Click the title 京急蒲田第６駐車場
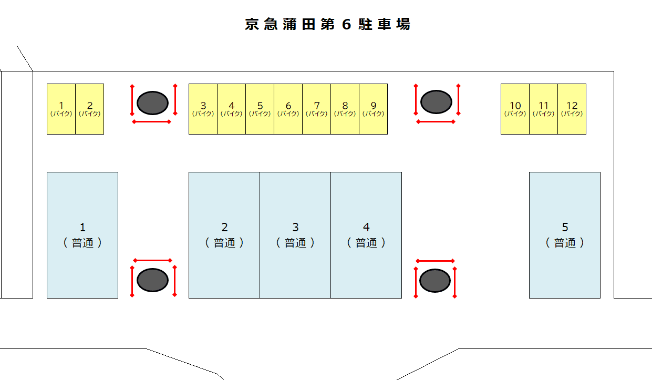(x=327, y=25)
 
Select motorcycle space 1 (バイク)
(x=61, y=109)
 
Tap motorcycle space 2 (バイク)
(x=89, y=109)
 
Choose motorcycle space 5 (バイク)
(x=260, y=109)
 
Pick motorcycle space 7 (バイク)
(x=316, y=109)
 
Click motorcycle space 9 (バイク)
(x=373, y=109)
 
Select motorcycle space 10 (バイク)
(x=515, y=109)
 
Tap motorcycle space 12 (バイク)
(x=572, y=109)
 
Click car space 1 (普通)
(x=82, y=235)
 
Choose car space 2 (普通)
(x=224, y=235)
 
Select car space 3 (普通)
(x=295, y=235)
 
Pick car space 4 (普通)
(x=366, y=235)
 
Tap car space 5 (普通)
(x=565, y=235)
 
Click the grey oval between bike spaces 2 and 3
(x=153, y=103)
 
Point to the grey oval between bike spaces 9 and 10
(x=437, y=102)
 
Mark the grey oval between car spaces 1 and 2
(x=153, y=280)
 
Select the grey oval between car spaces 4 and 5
(x=435, y=281)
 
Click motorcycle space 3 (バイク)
(x=203, y=109)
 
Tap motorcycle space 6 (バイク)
(x=288, y=109)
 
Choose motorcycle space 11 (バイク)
(x=543, y=109)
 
